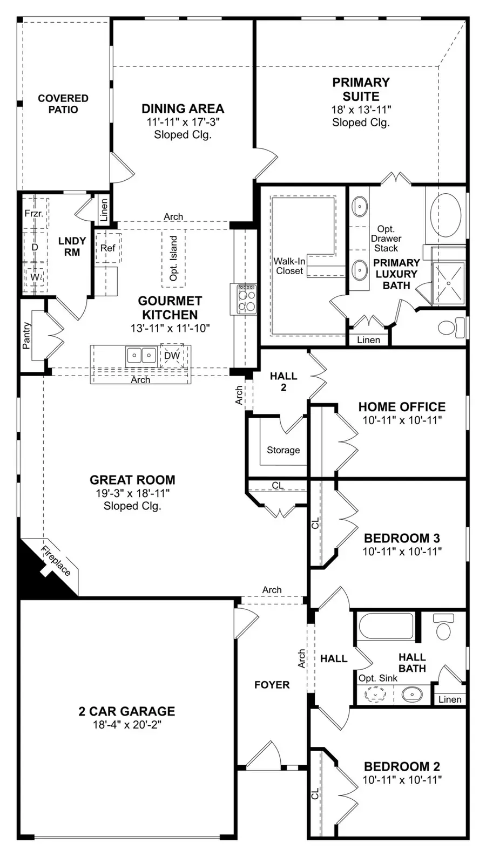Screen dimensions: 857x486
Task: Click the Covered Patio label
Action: pos(63,104)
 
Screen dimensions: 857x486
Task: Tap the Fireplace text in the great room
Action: pos(56,561)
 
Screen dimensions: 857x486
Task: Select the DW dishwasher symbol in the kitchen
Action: pos(172,356)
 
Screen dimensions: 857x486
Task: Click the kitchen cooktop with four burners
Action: pos(246,300)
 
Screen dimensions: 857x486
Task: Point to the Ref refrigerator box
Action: pos(107,248)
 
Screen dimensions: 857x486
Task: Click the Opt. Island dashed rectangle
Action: pos(173,258)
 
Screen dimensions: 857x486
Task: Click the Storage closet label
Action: pos(283,450)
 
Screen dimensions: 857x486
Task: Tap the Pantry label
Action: pos(26,336)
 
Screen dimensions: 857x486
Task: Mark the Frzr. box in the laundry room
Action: pos(33,214)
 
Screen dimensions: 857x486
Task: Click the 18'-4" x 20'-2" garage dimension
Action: pos(127,725)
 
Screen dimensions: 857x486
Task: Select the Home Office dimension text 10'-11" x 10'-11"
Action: pos(402,420)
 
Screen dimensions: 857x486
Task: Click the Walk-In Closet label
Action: pos(289,266)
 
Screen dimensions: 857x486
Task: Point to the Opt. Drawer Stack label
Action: pos(386,239)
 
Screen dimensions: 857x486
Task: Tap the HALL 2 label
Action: pos(283,382)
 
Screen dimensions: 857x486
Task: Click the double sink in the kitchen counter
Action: pos(141,355)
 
